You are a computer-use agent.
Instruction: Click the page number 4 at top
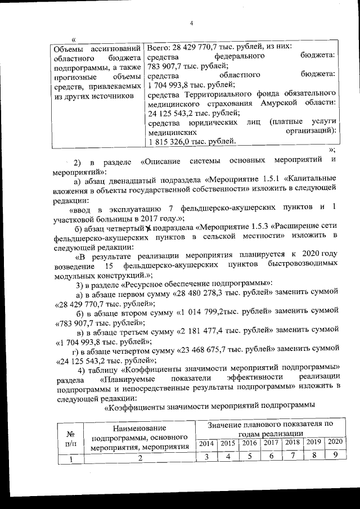[191, 23]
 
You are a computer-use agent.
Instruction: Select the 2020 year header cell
[334, 443]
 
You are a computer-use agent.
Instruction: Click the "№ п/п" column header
[71, 439]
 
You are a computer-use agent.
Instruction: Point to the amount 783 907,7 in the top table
[168, 66]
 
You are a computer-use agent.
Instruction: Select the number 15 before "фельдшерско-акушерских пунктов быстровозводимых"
[110, 264]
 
